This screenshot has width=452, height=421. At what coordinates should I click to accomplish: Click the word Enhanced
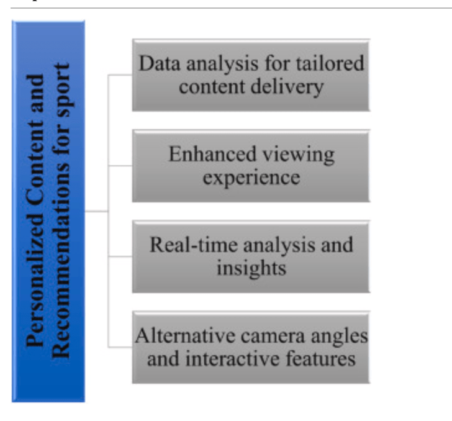tap(210, 154)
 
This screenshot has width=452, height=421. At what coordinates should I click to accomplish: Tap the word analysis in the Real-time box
tap(279, 244)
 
